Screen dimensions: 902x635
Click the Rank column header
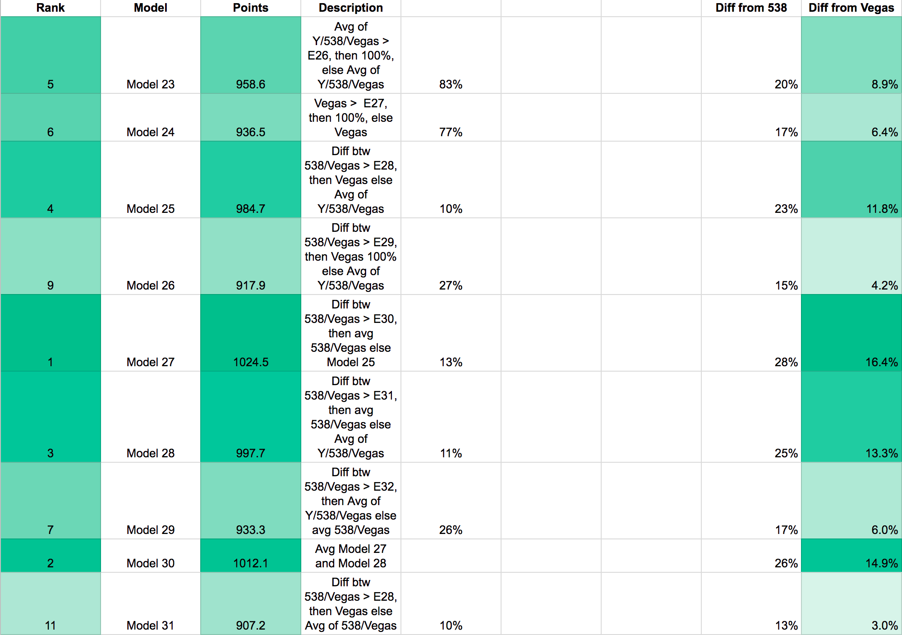coord(51,8)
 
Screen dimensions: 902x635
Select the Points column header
coord(251,8)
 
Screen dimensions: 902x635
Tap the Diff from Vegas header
coord(851,8)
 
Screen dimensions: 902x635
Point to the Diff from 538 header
coord(751,8)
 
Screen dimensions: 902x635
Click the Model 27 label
coord(150,362)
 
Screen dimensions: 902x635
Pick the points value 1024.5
coord(251,362)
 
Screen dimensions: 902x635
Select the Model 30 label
coord(150,563)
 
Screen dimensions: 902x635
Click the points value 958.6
coord(251,84)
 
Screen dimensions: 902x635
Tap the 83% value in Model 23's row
coord(451,84)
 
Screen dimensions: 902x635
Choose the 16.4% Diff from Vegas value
coord(882,362)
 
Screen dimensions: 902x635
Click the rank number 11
coord(51,626)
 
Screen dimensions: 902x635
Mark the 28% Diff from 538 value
coord(786,362)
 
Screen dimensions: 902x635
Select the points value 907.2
coord(251,626)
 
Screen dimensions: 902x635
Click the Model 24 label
coord(150,132)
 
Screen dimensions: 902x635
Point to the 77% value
coord(451,132)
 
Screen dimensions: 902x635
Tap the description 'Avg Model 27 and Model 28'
coord(351,556)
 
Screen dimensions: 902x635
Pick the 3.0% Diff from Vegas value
coord(884,626)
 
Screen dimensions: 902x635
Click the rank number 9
coord(51,285)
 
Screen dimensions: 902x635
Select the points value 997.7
coord(251,453)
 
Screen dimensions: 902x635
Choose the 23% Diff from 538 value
coord(786,209)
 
